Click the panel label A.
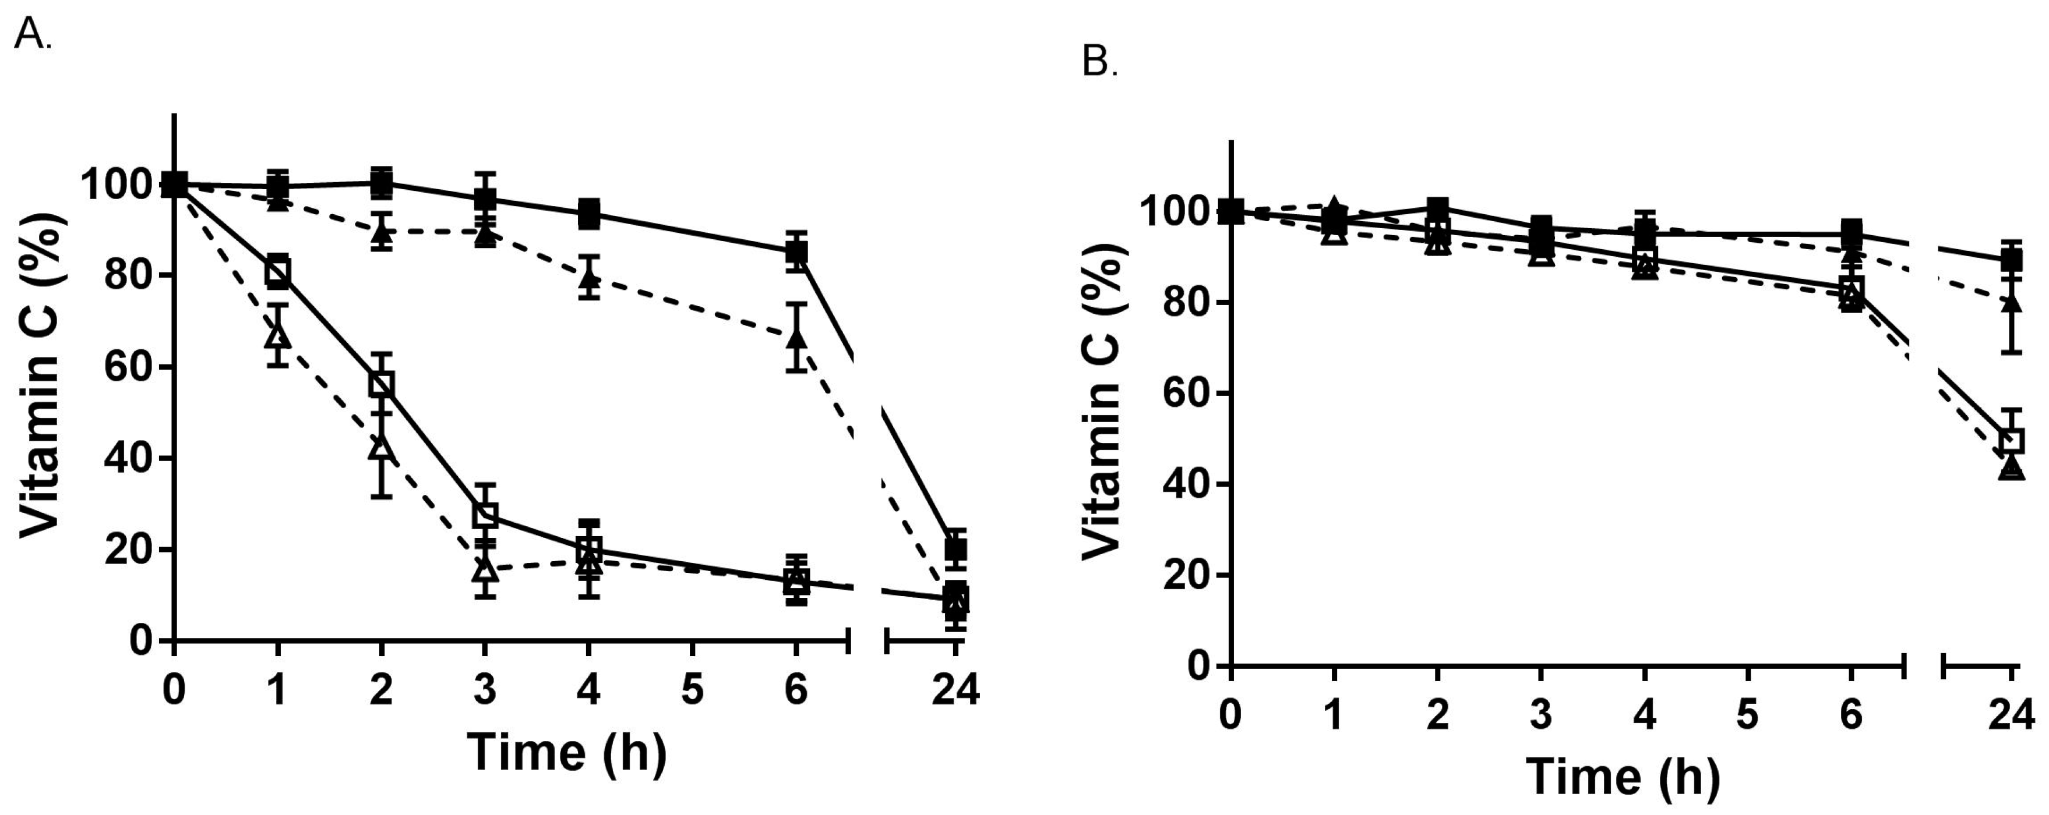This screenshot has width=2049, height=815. [x=32, y=35]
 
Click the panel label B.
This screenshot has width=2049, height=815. [x=1099, y=61]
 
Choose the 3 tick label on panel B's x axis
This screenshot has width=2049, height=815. [x=1541, y=715]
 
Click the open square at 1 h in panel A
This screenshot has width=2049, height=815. [x=277, y=272]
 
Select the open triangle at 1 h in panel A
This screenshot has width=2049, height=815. [x=277, y=335]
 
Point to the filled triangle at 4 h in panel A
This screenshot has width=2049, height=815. [x=588, y=278]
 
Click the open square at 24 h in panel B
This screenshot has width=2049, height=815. [x=2011, y=440]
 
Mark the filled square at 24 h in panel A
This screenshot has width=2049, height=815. [x=955, y=548]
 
